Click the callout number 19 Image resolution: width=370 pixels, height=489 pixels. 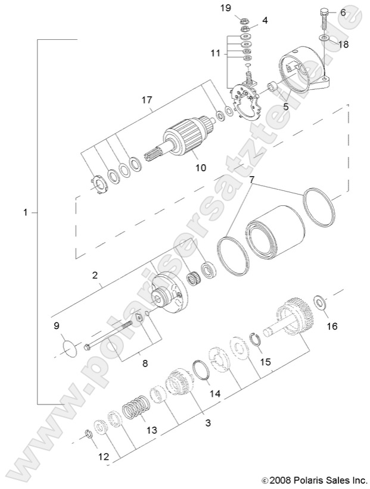pos(242,8)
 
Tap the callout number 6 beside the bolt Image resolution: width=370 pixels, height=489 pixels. pos(343,12)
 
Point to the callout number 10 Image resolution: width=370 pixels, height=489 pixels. pos(201,168)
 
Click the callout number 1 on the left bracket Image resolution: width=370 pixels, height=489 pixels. pos(26,212)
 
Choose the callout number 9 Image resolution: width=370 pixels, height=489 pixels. pos(57,325)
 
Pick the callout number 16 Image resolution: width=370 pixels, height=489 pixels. pos(332,326)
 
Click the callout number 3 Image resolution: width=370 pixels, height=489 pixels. pos(208,422)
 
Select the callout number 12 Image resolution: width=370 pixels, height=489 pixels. pos(104,457)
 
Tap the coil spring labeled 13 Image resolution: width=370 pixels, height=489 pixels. pos(136,410)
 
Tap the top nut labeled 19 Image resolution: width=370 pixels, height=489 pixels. pos(245,18)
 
